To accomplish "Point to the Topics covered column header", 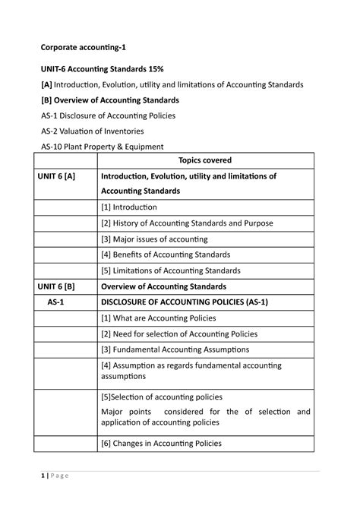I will click(x=204, y=160).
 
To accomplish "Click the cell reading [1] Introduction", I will click(x=129, y=207).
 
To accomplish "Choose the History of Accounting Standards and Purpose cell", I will click(x=187, y=223).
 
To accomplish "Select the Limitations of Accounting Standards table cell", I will click(x=171, y=270).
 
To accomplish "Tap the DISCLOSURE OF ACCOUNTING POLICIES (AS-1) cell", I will click(x=185, y=302).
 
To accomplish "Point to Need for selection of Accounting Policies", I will click(x=179, y=334).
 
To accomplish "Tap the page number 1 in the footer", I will click(x=44, y=476).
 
